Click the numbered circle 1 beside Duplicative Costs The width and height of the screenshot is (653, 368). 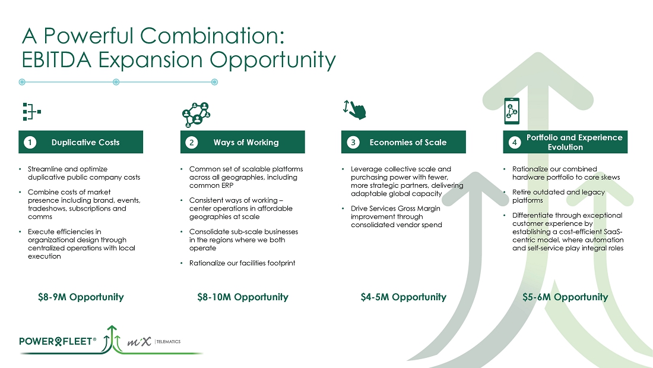point(30,142)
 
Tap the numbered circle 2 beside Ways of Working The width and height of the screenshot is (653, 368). point(192,142)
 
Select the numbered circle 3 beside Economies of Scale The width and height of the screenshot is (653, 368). point(353,142)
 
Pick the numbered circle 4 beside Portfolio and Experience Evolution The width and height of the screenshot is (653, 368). point(514,142)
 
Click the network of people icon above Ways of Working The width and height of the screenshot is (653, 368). point(196,114)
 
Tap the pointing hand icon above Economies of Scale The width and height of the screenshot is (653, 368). point(354,110)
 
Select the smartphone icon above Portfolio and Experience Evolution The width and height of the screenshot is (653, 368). point(512,111)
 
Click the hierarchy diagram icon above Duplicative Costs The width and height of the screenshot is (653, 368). point(32,112)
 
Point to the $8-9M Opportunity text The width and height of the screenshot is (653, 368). point(81,297)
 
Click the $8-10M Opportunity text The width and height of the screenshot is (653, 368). point(243,297)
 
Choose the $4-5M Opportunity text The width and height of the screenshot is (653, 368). point(404,297)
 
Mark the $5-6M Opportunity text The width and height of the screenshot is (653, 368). point(565,297)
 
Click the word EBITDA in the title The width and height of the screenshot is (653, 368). point(56,59)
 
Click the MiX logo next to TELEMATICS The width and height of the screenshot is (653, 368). point(139,342)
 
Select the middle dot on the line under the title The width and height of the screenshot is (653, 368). point(116,82)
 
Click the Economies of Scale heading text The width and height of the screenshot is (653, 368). point(408,142)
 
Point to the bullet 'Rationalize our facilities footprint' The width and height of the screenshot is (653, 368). point(242,263)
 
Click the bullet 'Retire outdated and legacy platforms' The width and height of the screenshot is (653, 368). point(559,196)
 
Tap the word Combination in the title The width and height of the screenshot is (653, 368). point(212,36)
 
